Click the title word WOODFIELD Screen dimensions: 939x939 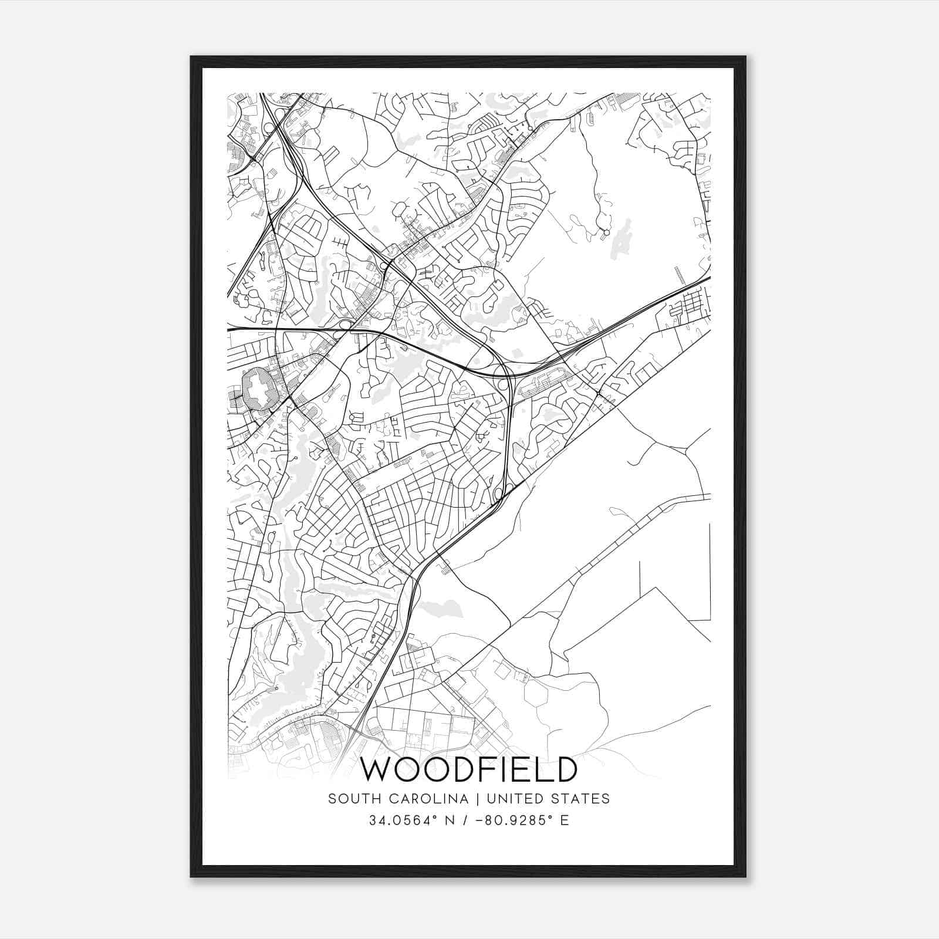[x=468, y=769]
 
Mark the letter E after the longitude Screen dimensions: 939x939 [x=565, y=820]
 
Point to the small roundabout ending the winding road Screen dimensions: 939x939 [x=606, y=233]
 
